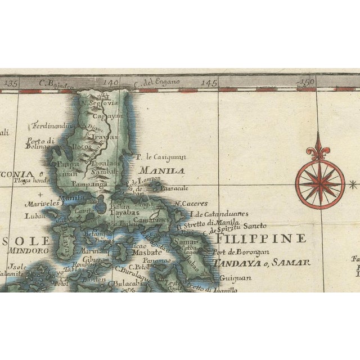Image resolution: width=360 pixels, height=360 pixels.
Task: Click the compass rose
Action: pyautogui.click(x=319, y=183)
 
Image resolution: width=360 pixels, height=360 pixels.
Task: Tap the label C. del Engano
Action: pyautogui.click(x=157, y=83)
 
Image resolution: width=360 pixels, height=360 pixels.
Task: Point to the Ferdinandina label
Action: pyautogui.click(x=53, y=125)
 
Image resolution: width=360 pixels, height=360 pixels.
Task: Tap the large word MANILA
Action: pyautogui.click(x=162, y=170)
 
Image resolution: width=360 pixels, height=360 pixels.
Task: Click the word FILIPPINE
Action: pyautogui.click(x=260, y=238)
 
